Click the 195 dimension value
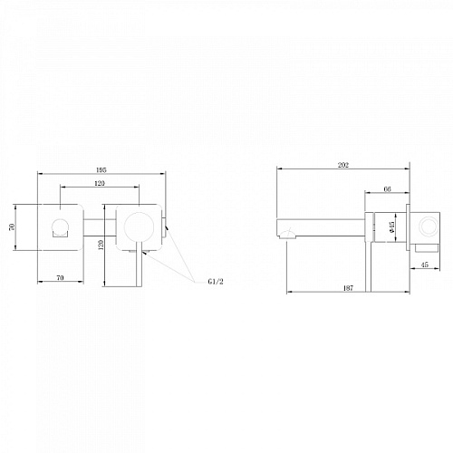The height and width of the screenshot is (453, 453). [x=101, y=170]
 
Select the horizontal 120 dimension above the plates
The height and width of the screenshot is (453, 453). [x=100, y=183]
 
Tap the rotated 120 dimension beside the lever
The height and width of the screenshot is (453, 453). [x=101, y=245]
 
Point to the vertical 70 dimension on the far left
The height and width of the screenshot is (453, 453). [x=12, y=227]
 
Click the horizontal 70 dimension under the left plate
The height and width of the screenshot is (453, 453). [x=61, y=278]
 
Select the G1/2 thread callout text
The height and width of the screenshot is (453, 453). [x=216, y=282]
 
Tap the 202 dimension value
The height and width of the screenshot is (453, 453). [x=343, y=165]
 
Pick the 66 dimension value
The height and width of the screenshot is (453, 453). [x=387, y=189]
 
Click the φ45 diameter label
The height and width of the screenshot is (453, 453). [x=391, y=227]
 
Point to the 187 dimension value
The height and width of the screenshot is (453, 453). [x=348, y=288]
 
